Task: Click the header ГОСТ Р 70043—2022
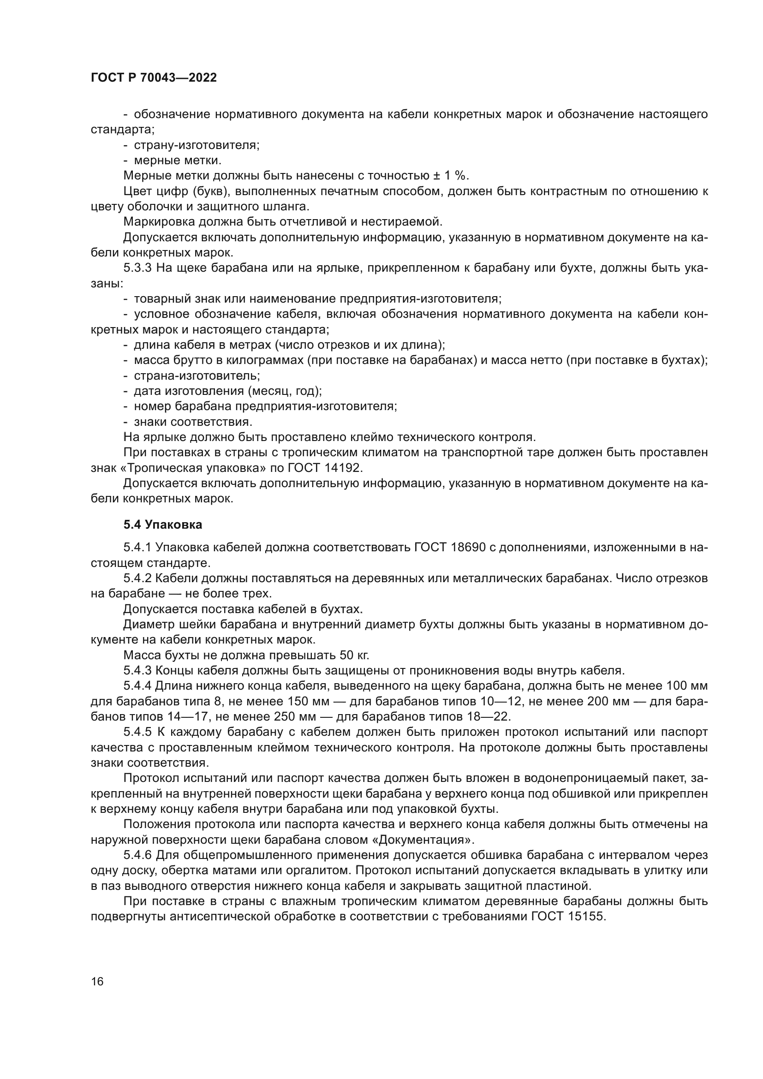pos(154,78)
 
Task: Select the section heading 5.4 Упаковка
pos(162,525)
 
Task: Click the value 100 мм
pos(685,686)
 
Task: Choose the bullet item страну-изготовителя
pos(197,145)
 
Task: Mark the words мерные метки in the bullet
pos(178,161)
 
